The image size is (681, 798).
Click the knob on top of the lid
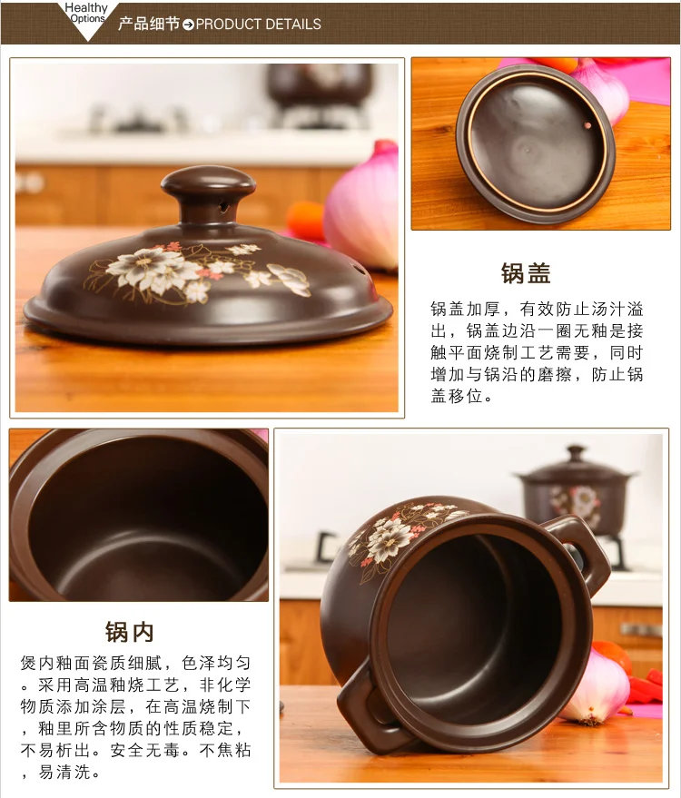tap(208, 194)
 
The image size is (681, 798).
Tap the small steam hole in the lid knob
tap(223, 207)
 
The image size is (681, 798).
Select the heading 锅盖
tap(526, 273)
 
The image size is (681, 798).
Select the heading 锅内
tap(129, 632)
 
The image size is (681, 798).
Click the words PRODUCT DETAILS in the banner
tap(258, 24)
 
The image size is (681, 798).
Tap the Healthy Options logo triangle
tap(87, 20)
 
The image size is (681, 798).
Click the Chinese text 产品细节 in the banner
tap(149, 24)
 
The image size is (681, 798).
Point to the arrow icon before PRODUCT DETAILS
tap(188, 25)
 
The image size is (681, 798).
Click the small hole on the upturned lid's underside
tap(587, 125)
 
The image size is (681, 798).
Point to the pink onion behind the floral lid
tap(362, 206)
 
